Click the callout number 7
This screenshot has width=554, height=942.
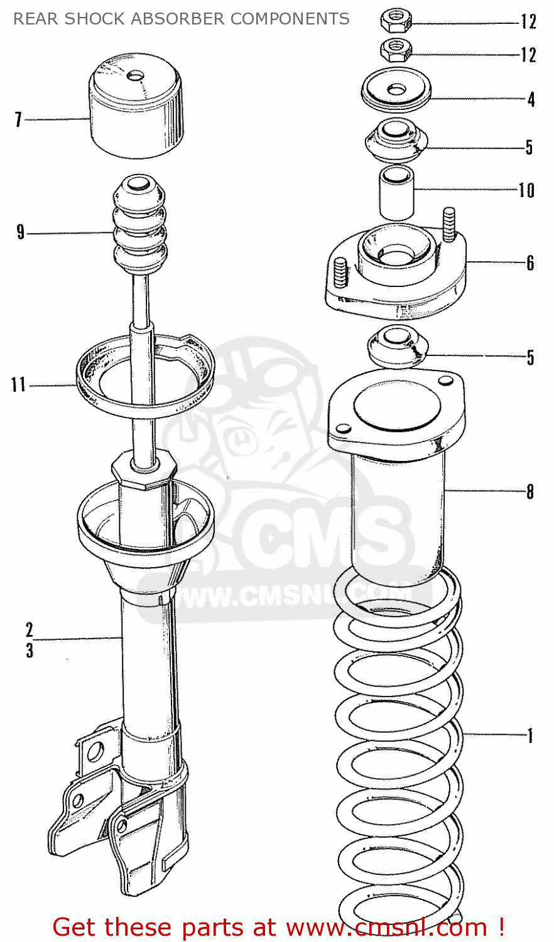point(18,119)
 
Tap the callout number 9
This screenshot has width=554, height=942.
point(21,233)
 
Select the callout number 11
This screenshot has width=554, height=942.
point(18,384)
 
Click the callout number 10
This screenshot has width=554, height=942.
point(526,190)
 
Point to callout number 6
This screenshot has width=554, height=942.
point(530,263)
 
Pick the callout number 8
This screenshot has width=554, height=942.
point(530,491)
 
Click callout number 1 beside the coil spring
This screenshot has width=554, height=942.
point(530,735)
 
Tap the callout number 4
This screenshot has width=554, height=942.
point(531,99)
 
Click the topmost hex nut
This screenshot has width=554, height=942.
point(396,21)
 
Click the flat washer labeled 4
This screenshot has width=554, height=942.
point(396,89)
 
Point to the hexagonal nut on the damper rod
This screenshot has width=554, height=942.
point(144,471)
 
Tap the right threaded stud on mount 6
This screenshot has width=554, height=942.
point(448,225)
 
